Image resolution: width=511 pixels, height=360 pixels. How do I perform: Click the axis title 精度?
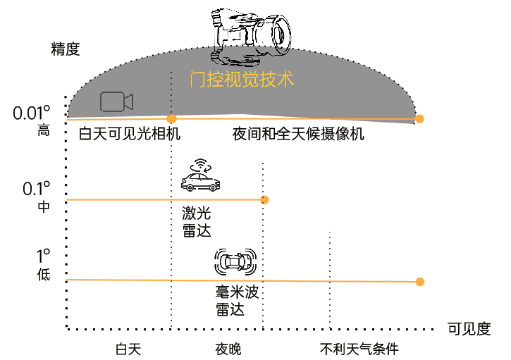coord(66,49)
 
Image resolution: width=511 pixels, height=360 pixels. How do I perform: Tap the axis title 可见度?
coord(469,329)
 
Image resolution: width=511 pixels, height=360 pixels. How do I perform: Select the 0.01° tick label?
coord(32,113)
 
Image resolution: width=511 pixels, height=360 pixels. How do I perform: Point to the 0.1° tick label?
coord(37,189)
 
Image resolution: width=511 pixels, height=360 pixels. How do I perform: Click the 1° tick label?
coord(43,256)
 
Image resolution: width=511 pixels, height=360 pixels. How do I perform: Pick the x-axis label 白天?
coord(128,349)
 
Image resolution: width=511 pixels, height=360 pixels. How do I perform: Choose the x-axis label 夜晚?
coord(228,349)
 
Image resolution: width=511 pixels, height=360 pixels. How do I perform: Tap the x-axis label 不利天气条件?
coord(359,349)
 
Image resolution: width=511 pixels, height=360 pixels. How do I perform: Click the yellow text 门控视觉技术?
coord(242,79)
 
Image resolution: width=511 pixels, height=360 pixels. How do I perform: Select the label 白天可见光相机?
coord(130,134)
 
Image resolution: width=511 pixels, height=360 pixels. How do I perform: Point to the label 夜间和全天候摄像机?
coord(298,134)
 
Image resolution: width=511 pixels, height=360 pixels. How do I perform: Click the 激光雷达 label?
coord(197,222)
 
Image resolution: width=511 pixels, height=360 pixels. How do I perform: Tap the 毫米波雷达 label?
coord(237,300)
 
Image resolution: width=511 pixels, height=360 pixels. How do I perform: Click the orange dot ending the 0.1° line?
coord(264,199)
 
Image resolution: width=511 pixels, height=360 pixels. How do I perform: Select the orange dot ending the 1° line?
coord(420,282)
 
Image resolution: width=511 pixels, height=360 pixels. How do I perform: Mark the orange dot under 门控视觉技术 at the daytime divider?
coord(171,119)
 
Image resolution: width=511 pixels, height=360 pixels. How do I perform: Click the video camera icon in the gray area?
coord(117,101)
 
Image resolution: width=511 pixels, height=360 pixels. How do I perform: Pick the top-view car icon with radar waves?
coord(235,261)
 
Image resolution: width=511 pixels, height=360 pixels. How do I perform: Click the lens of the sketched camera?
coord(280,35)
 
